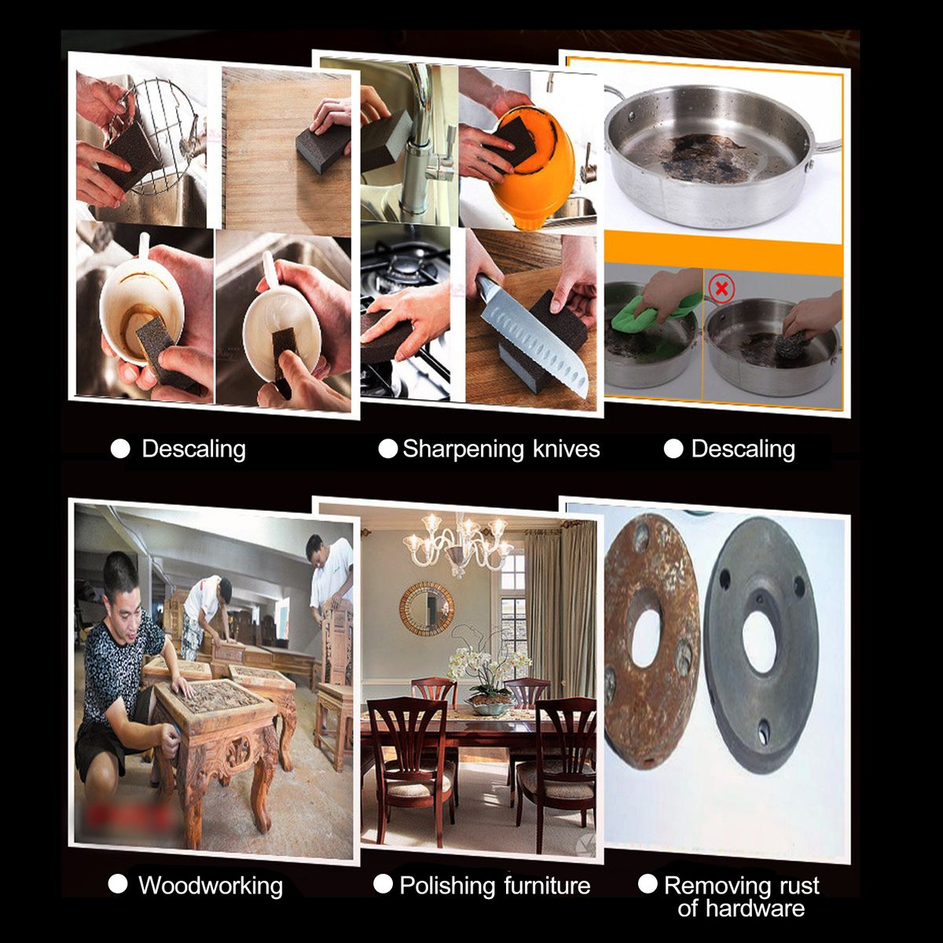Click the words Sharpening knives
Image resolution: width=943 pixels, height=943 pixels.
(x=501, y=449)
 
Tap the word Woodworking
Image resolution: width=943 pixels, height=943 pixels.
(x=211, y=886)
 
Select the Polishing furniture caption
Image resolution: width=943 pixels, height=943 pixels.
(x=495, y=886)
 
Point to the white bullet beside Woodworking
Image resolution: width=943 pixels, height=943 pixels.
(x=118, y=884)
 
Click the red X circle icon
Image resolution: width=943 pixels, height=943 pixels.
(x=721, y=288)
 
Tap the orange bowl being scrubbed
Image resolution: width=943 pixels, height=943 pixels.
(x=536, y=164)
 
